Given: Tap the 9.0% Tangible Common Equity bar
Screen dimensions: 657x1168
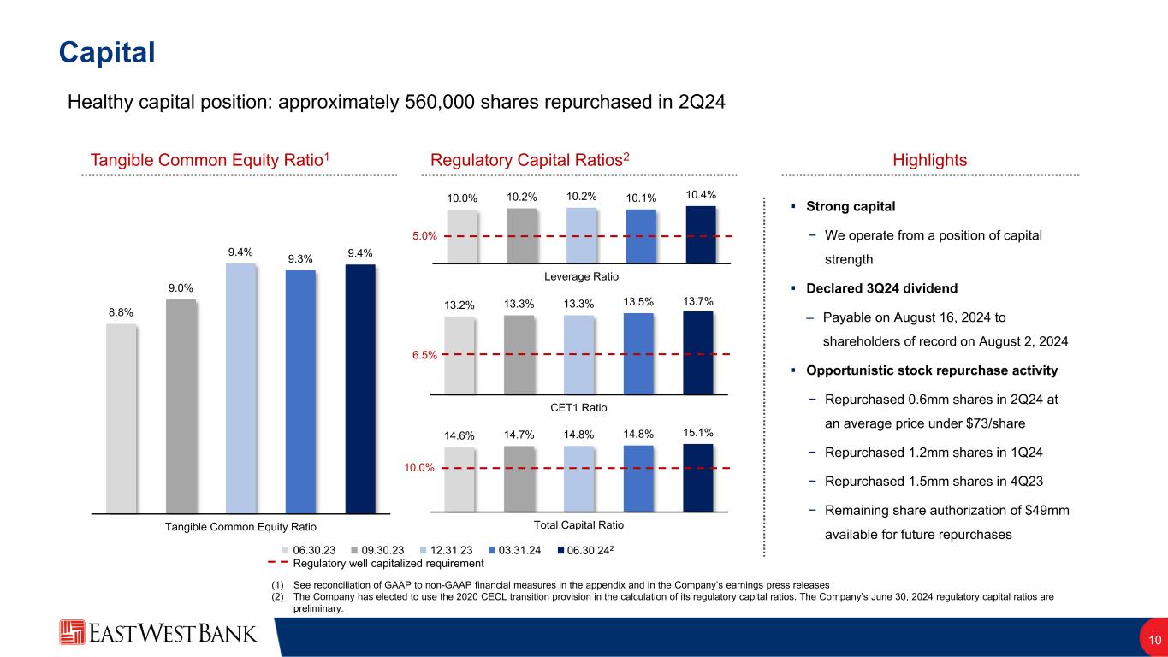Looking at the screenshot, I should [x=181, y=405].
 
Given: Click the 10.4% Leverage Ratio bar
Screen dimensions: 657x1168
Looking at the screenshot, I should [x=701, y=234].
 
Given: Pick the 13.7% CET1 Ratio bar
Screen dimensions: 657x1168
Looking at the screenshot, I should [x=698, y=351].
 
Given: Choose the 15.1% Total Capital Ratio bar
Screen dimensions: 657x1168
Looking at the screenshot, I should [x=698, y=476].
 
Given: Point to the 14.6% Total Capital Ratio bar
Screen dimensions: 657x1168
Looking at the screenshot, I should [x=459, y=478].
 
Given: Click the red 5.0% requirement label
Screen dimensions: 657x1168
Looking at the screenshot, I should [x=426, y=234].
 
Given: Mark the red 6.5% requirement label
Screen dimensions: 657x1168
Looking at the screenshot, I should [x=426, y=353].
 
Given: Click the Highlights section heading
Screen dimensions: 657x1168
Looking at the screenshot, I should [x=929, y=160].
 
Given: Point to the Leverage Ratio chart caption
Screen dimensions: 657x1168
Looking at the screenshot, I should [x=580, y=276].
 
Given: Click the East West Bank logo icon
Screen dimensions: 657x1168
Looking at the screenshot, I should [x=73, y=633].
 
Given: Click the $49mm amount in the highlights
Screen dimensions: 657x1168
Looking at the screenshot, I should [x=1046, y=511].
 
